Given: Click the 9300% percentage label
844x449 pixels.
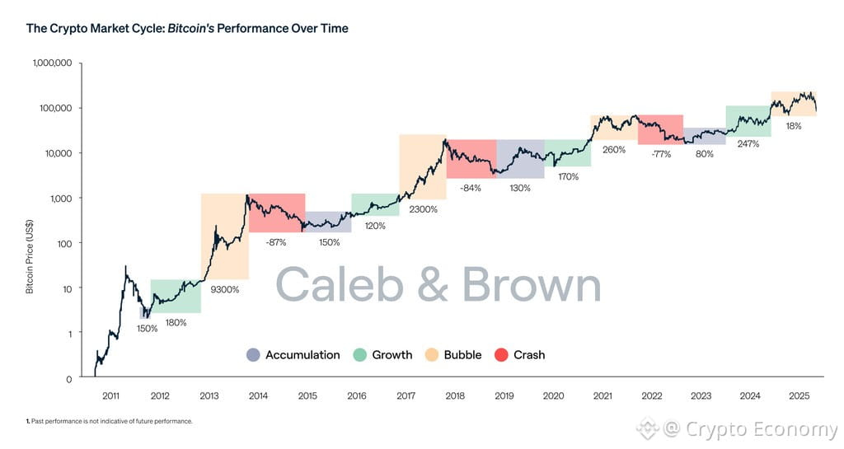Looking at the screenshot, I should point(225,289).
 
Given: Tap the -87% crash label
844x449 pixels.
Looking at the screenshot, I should point(276,242).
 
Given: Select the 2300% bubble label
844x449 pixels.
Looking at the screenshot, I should point(422,209).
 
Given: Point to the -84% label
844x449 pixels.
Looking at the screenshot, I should point(471,188).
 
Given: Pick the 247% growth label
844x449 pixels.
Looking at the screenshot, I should point(748,143).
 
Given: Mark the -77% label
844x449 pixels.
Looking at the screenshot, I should point(660,154).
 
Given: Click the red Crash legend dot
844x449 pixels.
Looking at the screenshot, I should point(500,355).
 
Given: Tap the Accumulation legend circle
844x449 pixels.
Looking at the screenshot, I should point(253,355).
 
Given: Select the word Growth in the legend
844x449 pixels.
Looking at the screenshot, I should point(392,355).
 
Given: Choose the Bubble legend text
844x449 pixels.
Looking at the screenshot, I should point(462,355).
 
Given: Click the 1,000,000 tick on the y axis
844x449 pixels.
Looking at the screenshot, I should point(52,63).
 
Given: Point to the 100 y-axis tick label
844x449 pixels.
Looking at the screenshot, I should point(64,243).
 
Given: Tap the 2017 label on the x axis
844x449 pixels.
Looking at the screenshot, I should point(406,396).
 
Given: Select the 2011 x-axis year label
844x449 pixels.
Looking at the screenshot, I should point(110,396).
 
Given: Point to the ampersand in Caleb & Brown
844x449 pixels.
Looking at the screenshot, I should point(432,285).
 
